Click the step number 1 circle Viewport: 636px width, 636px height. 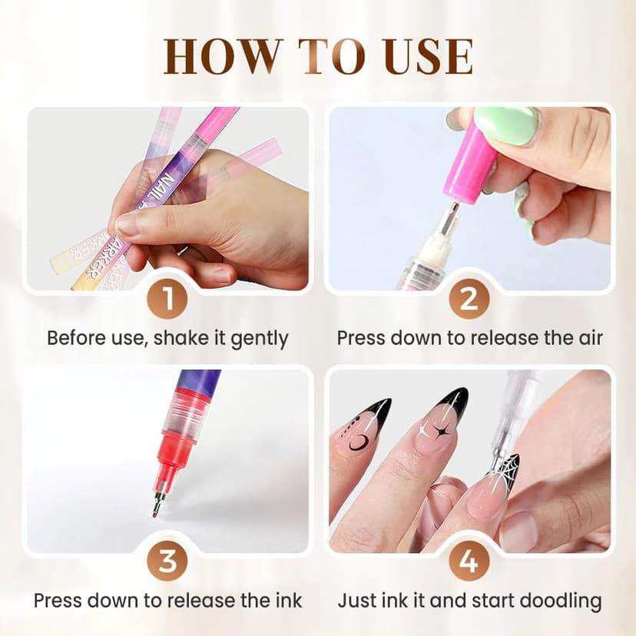pos(167,299)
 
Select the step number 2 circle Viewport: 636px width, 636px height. pos(469,299)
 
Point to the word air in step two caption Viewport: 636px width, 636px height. pos(587,338)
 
